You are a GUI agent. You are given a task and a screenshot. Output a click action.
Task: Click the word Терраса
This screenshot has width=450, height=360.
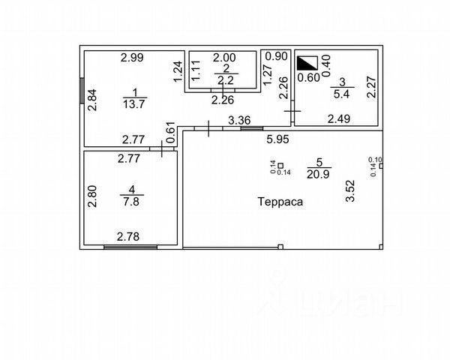click(281, 202)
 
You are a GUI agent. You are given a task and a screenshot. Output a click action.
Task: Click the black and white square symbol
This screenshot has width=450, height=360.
click(306, 63)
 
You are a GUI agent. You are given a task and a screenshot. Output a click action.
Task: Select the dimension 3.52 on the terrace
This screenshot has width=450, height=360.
click(349, 188)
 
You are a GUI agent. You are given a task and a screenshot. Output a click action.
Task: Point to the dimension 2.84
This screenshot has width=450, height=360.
click(92, 100)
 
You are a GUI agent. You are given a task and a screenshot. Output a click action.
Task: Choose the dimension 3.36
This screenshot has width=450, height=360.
click(238, 119)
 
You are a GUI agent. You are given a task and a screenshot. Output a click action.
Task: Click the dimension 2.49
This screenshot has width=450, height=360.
click(339, 118)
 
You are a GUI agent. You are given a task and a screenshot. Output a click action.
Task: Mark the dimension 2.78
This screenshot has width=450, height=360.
click(128, 237)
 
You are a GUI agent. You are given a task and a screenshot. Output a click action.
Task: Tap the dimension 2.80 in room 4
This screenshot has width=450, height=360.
click(92, 196)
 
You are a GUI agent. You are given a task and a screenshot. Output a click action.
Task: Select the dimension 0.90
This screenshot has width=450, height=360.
click(277, 56)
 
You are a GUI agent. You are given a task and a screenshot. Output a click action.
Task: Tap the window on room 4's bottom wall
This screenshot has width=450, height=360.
click(130, 246)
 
